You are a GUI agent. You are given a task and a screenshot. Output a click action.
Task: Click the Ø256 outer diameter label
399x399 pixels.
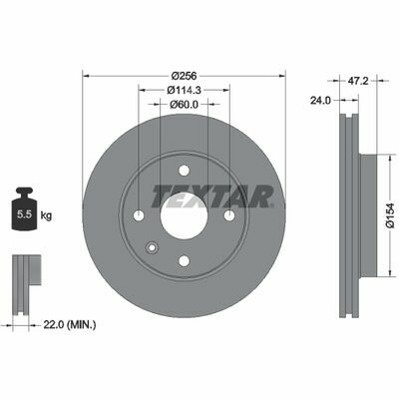point(185,76)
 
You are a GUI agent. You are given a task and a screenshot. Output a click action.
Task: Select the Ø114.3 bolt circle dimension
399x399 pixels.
point(185,90)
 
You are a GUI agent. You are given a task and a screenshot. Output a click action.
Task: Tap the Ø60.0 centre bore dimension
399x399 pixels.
point(184,105)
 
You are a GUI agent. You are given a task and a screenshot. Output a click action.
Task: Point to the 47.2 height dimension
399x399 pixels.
point(358,81)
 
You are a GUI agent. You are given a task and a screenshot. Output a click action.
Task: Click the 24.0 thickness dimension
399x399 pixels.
point(320,100)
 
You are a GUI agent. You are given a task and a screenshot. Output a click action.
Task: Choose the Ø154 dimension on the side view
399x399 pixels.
point(393,215)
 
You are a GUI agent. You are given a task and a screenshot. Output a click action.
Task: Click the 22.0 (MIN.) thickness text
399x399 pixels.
point(70,324)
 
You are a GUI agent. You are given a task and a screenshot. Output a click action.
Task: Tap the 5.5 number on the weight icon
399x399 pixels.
point(24,214)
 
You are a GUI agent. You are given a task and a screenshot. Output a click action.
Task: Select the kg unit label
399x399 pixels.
point(46,215)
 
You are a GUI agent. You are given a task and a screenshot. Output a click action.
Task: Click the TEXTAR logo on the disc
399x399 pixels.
point(212,197)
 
